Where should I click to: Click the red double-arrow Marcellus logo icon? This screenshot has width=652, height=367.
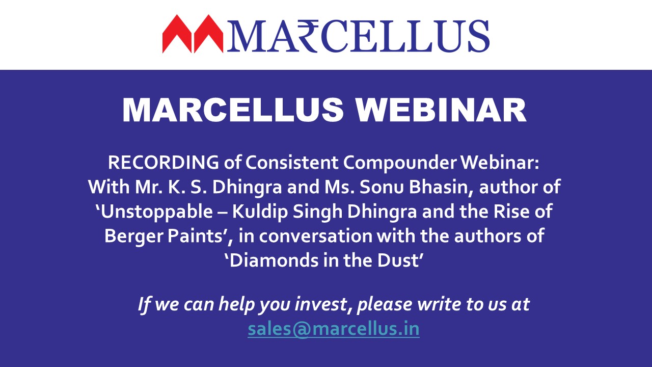click(x=193, y=34)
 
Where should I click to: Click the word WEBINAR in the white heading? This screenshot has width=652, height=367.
click(x=441, y=110)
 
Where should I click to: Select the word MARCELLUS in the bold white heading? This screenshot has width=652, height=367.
click(x=233, y=110)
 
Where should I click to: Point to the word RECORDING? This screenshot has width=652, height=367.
click(x=164, y=162)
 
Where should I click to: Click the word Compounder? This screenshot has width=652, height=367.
click(x=399, y=163)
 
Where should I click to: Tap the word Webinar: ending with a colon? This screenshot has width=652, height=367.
click(x=500, y=162)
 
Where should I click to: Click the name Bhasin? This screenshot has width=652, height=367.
click(x=442, y=187)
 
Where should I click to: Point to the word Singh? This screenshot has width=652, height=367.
click(x=317, y=212)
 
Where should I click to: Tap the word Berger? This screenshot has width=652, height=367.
click(x=133, y=236)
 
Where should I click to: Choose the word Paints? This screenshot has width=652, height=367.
click(x=195, y=236)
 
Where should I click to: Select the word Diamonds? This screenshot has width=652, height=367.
click(x=274, y=260)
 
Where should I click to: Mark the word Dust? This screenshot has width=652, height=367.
click(x=398, y=260)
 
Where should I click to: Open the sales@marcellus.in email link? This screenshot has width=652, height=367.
click(x=334, y=329)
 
